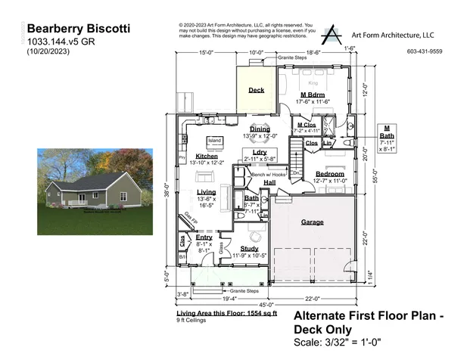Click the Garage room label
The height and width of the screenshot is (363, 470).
tap(313, 222)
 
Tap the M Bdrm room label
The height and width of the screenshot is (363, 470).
tap(313, 95)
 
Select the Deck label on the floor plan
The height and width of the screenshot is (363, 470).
tap(257, 90)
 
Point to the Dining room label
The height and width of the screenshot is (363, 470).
tap(260, 129)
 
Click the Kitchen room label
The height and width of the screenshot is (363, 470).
tap(207, 156)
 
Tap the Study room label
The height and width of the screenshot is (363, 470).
tap(249, 248)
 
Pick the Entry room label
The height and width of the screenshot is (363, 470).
tap(204, 237)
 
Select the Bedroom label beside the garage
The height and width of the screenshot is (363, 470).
tap(330, 173)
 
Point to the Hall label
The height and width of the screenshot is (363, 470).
tap(269, 182)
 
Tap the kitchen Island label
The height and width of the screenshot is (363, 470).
tap(214, 141)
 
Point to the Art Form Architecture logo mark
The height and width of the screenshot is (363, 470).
tap(331, 35)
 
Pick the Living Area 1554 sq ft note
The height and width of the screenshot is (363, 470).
tap(216, 312)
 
